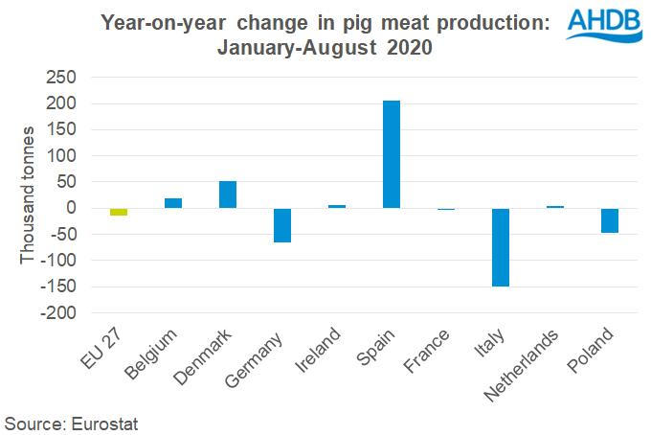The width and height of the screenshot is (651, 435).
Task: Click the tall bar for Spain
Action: pyautogui.click(x=392, y=154)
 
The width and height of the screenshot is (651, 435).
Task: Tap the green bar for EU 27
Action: pyautogui.click(x=119, y=212)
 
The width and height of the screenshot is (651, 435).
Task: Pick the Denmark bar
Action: pyautogui.click(x=228, y=195)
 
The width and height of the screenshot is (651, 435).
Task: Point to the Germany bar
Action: pyautogui.click(x=282, y=225)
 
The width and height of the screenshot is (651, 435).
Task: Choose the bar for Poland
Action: pyautogui.click(x=610, y=220)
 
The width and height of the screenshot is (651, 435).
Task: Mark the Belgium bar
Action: pyautogui.click(x=173, y=203)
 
